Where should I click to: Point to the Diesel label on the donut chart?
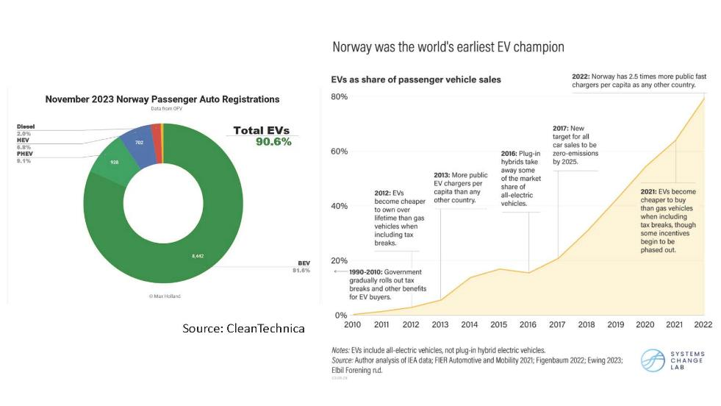coord(26,127)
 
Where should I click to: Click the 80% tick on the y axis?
coord(338,97)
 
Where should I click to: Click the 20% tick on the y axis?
coord(338,260)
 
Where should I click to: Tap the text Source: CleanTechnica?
coord(243,328)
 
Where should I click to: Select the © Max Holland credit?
coord(164,296)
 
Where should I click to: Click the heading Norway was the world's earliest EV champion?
coord(448,47)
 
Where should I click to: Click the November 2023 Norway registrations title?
coord(162,99)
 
